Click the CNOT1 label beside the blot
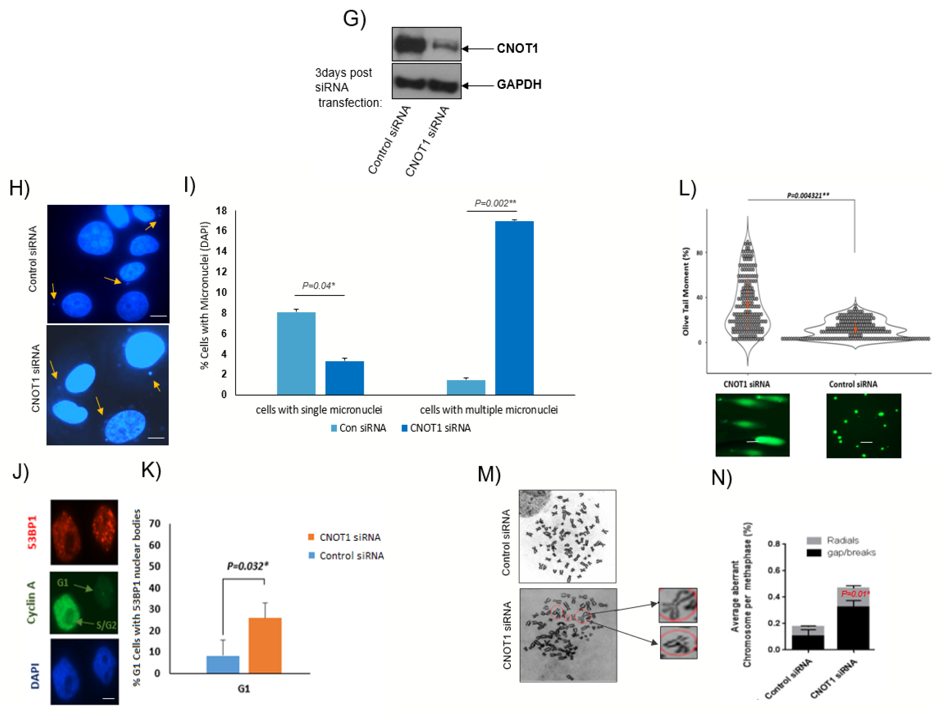tap(517, 48)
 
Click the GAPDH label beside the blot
tap(519, 84)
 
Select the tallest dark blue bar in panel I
tap(514, 308)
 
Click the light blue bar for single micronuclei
tap(296, 353)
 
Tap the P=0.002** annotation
tap(495, 203)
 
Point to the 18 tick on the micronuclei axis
tap(221, 210)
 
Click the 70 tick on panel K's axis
tap(155, 524)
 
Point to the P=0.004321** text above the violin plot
tap(808, 195)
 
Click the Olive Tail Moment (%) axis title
tap(686, 291)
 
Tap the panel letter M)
tap(489, 475)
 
